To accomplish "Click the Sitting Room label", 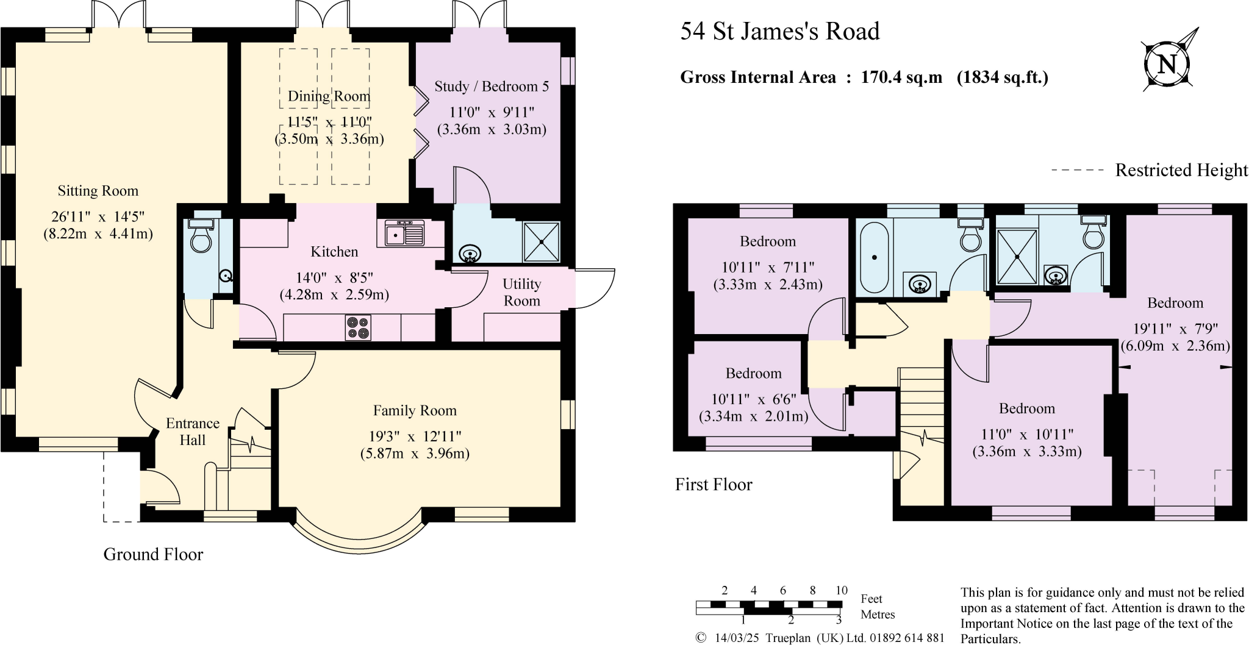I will (98, 191).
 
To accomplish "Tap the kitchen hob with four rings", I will (358, 327).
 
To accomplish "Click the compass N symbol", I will (1167, 64).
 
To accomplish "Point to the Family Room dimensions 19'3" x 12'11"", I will (415, 437).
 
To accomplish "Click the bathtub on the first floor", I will (875, 257).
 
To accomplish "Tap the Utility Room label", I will (521, 292).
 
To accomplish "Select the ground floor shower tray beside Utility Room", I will (541, 241).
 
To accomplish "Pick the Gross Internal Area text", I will (864, 77).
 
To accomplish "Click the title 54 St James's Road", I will (779, 31).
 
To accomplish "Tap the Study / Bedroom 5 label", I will (492, 87).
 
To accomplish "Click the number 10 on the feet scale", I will (841, 590).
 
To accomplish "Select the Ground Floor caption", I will (153, 554).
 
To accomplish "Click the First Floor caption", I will (714, 485).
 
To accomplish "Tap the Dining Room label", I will (329, 96).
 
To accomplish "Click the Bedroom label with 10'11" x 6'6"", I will (753, 373).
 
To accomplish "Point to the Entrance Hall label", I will (193, 432).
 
